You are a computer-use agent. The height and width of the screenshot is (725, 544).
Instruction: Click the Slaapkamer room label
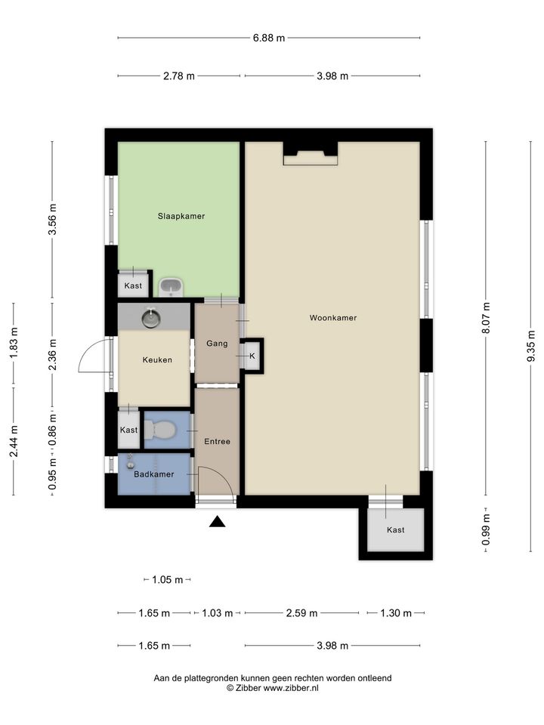tap(181, 216)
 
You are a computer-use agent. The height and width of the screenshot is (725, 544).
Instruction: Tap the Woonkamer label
tap(333, 318)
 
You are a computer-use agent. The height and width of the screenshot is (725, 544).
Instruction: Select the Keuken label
tap(157, 359)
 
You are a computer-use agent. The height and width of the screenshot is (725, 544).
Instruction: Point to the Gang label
tap(217, 344)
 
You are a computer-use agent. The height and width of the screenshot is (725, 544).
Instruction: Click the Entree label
tap(218, 442)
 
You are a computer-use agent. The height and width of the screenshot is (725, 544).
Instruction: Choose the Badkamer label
tap(154, 474)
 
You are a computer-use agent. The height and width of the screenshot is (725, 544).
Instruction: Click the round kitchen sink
tap(151, 318)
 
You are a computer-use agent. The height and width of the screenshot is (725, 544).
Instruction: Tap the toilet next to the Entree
tap(160, 430)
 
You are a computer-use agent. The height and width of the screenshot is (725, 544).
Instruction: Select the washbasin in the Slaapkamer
tap(172, 287)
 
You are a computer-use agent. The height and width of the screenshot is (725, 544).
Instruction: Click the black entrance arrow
tap(217, 522)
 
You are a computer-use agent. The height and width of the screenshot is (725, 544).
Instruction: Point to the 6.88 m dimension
tap(269, 38)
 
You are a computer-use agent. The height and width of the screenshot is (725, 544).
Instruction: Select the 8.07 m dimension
tap(486, 318)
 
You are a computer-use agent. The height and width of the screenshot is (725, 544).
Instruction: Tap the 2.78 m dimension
tap(179, 76)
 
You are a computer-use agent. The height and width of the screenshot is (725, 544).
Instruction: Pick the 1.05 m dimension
tap(168, 579)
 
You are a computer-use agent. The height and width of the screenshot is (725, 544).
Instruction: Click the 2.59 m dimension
tap(301, 613)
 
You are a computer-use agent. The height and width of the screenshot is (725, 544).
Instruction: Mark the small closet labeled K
tap(252, 356)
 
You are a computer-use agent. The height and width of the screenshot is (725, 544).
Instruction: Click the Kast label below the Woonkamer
tap(395, 530)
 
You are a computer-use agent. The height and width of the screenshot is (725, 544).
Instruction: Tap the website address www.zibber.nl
tap(291, 688)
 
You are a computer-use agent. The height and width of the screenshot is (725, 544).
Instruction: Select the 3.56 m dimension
tap(52, 219)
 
